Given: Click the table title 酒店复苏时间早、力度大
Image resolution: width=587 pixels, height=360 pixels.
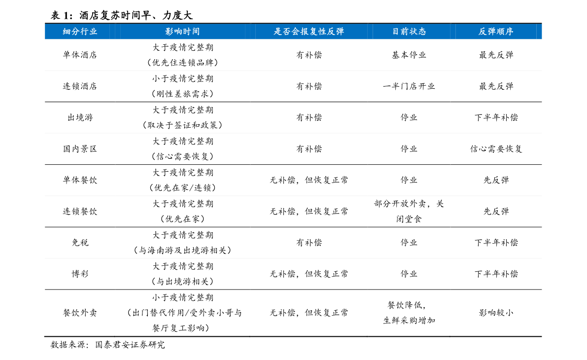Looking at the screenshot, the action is (136, 15).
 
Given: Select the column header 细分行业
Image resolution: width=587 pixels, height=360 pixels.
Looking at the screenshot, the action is (80, 32).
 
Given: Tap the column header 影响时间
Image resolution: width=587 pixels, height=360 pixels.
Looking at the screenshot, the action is (183, 32).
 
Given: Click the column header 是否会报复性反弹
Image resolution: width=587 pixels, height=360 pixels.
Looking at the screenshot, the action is (309, 32).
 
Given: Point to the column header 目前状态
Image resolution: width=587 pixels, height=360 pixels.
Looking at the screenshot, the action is (409, 32).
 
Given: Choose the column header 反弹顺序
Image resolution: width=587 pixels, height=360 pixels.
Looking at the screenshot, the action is (496, 32).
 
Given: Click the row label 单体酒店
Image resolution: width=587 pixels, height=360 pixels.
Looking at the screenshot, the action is (80, 55).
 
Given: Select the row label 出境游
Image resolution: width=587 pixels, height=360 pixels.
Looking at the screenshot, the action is (80, 118).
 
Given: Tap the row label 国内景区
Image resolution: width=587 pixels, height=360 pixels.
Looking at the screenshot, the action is (80, 149).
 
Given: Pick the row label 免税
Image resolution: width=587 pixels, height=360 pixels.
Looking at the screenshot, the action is (80, 243).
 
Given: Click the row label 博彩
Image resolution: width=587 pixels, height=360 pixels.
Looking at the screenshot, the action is (80, 274).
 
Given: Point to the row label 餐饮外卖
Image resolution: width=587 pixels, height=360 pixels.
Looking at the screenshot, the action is (80, 313).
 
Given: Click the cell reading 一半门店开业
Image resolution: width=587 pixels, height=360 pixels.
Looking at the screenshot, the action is (409, 86).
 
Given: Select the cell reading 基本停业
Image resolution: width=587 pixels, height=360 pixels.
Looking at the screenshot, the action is (409, 55).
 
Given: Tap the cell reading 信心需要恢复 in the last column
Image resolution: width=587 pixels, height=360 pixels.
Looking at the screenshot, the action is (496, 149).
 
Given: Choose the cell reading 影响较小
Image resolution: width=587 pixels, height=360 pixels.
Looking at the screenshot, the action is (496, 313).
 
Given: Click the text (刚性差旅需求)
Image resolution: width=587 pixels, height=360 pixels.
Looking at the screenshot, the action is (183, 94).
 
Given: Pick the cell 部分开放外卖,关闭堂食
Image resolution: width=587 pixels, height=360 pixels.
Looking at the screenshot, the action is (409, 211).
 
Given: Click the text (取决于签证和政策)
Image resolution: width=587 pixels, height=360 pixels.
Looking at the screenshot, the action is (183, 125).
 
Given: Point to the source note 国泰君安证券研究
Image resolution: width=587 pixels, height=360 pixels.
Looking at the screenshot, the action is (130, 345).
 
